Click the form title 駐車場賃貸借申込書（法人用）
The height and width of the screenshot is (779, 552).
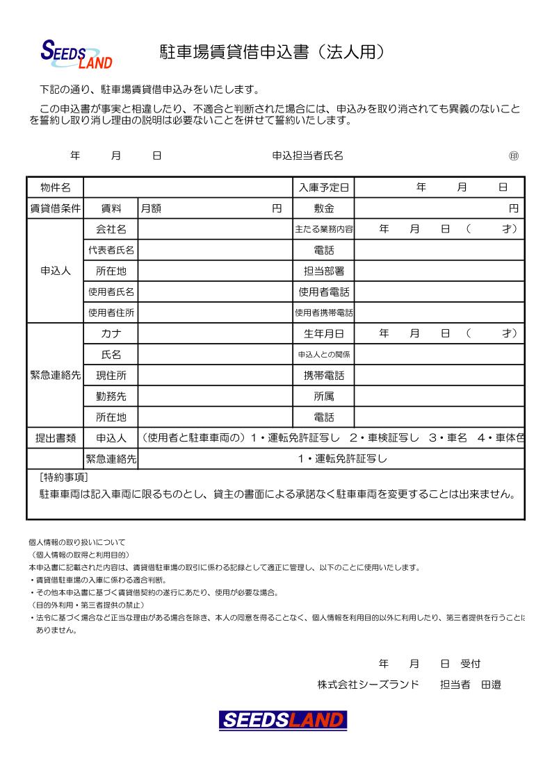pyautogui.click(x=272, y=53)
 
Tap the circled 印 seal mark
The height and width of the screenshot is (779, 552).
pyautogui.click(x=514, y=156)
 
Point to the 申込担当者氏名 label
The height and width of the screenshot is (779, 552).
pyautogui.click(x=307, y=156)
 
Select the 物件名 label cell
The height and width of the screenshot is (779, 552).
pyautogui.click(x=55, y=187)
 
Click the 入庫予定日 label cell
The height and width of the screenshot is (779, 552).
pyautogui.click(x=323, y=187)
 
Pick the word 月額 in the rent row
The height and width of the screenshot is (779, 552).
pyautogui.click(x=151, y=208)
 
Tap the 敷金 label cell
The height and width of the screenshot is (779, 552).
pyautogui.click(x=323, y=208)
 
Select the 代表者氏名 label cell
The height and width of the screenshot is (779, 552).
pyautogui.click(x=111, y=250)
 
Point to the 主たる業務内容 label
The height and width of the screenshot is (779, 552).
pyautogui.click(x=323, y=229)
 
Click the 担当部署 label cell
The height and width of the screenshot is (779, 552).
pyautogui.click(x=323, y=271)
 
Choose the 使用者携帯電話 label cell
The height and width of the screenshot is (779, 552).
pyautogui.click(x=323, y=312)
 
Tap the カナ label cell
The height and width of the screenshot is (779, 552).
pyautogui.click(x=111, y=333)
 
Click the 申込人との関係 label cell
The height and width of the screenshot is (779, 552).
pyautogui.click(x=323, y=354)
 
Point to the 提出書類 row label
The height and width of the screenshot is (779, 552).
pyautogui.click(x=55, y=438)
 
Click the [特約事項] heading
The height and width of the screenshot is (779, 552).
pyautogui.click(x=64, y=477)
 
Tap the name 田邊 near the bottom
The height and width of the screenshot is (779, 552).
pyautogui.click(x=492, y=685)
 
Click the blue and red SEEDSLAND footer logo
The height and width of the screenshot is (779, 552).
pyautogui.click(x=283, y=720)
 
